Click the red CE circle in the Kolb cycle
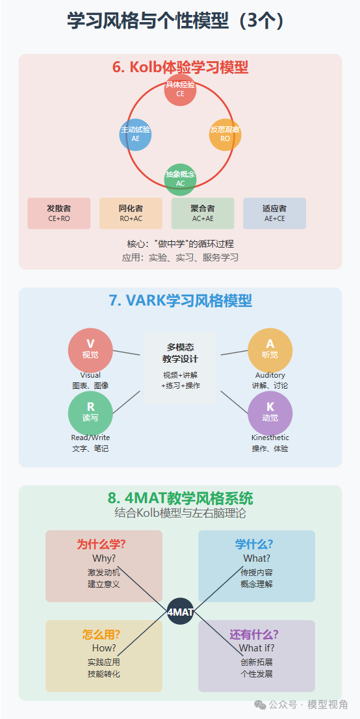click(180, 90)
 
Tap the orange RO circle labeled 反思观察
click(225, 135)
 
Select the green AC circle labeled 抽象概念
click(180, 179)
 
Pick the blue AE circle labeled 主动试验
click(135, 135)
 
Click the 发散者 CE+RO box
click(59, 213)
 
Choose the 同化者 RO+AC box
click(131, 213)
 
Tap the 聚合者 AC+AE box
click(203, 213)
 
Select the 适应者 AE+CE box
click(275, 213)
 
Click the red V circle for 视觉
click(90, 350)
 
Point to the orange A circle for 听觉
click(270, 350)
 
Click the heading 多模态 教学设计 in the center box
click(180, 353)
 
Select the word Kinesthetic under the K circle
click(270, 438)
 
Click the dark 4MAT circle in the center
click(180, 611)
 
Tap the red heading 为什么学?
click(101, 544)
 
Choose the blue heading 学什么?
click(254, 544)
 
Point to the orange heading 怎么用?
click(101, 634)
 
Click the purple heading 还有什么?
click(254, 634)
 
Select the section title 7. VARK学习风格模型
click(180, 301)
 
